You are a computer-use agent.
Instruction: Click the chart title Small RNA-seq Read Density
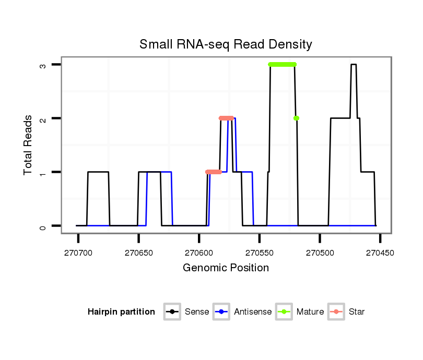[x=226, y=44]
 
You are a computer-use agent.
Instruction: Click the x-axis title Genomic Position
[x=226, y=268]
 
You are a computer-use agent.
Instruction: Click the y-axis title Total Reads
[x=28, y=145]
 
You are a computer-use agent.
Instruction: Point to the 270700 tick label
[x=78, y=253]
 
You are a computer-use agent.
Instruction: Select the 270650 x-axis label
[x=138, y=253]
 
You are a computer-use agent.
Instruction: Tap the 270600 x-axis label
[x=199, y=253]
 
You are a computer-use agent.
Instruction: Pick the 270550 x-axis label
[x=260, y=253]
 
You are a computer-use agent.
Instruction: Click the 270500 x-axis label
[x=320, y=253]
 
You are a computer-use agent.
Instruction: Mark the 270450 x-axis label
[x=380, y=253]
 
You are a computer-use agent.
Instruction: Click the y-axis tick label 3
[x=43, y=65]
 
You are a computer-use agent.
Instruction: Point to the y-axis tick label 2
[x=43, y=118]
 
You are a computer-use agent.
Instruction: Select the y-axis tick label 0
[x=43, y=226]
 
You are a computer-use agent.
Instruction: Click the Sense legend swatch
[x=172, y=312]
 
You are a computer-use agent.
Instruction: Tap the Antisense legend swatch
[x=221, y=312]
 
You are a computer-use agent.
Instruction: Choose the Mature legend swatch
[x=284, y=312]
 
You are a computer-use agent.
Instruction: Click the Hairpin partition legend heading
[x=121, y=312]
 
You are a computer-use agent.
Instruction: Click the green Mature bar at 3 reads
[x=282, y=64]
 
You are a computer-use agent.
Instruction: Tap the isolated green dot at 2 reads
[x=296, y=118]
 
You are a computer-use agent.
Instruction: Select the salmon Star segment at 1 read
[x=214, y=172]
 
